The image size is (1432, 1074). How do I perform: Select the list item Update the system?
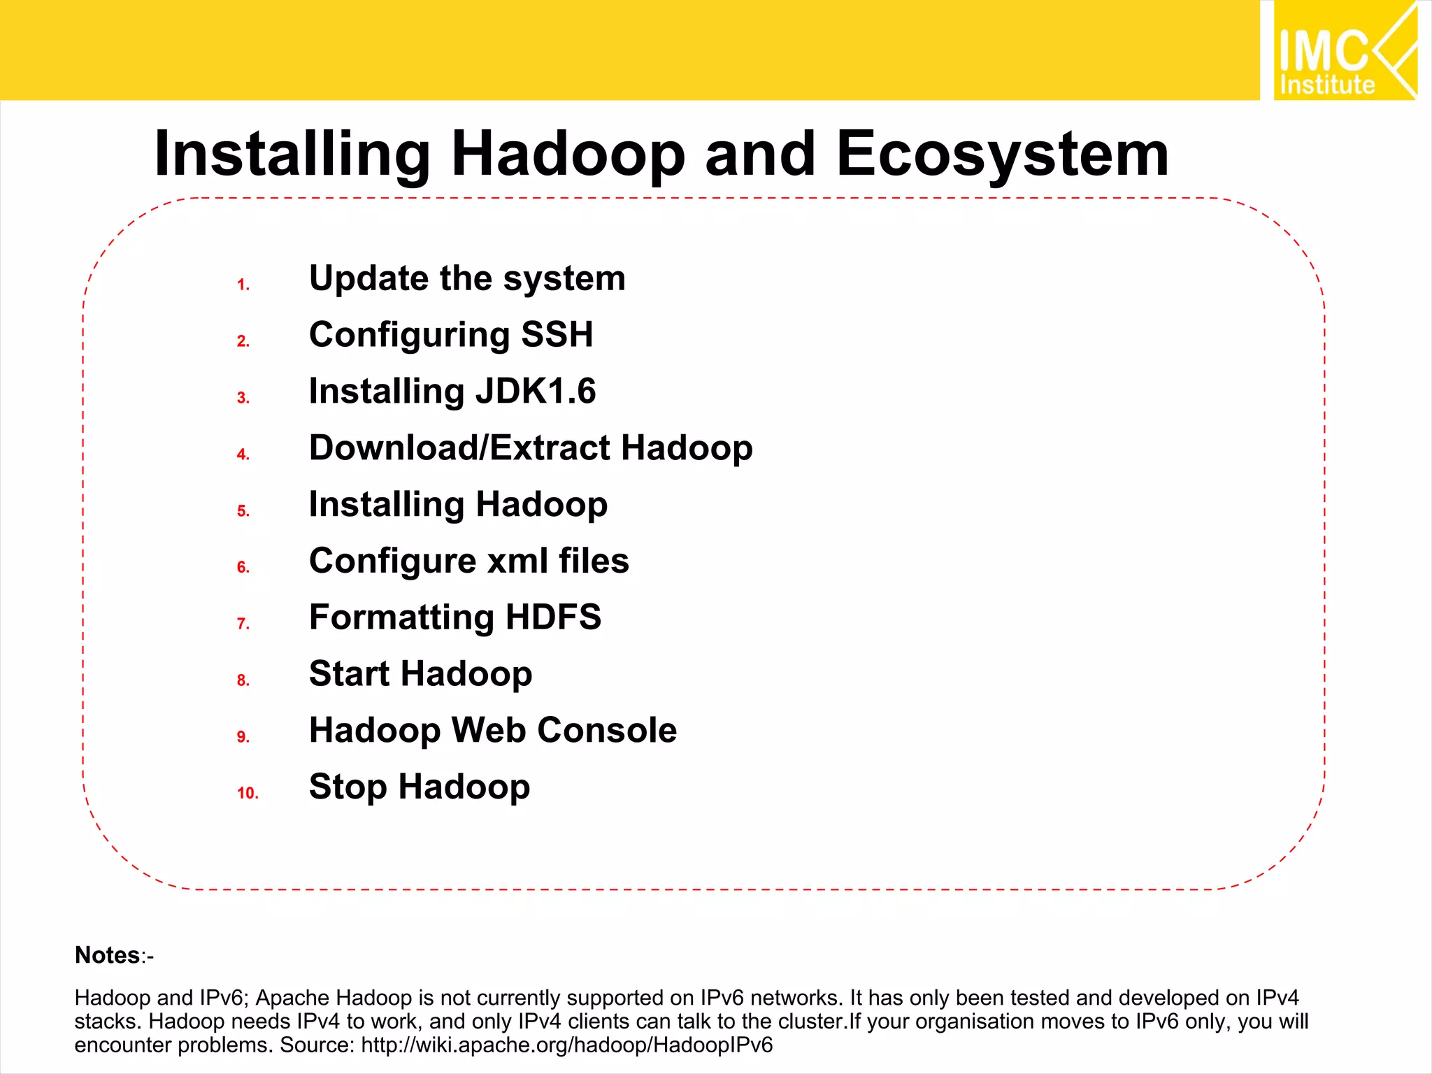point(467,278)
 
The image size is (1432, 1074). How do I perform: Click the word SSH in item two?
point(557,334)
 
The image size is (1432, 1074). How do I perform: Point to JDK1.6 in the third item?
point(536,391)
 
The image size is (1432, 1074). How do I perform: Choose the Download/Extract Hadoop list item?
point(531,447)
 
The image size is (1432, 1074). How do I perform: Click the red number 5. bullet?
point(243,511)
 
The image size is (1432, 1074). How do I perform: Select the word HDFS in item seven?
point(553,617)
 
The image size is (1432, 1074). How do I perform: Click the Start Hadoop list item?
point(420,674)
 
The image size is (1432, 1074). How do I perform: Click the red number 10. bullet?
point(248,793)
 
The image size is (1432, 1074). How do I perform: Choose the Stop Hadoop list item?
point(420,787)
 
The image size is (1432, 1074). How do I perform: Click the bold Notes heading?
point(108,955)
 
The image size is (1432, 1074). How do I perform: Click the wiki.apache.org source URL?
point(566,1045)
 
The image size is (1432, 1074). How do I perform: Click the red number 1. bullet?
point(243,285)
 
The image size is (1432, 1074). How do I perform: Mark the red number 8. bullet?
point(243,680)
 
